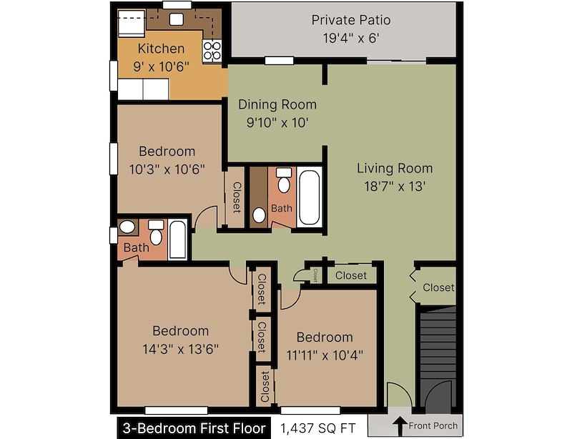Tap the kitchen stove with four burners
(212, 50)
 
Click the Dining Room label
(277, 104)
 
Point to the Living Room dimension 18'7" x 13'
(395, 186)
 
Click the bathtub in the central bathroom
(310, 196)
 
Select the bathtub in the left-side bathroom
(178, 240)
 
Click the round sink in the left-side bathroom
(128, 228)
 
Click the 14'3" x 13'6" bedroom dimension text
(180, 349)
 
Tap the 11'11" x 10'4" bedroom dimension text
(325, 355)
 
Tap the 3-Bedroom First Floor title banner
(191, 428)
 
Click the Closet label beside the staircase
(438, 287)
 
